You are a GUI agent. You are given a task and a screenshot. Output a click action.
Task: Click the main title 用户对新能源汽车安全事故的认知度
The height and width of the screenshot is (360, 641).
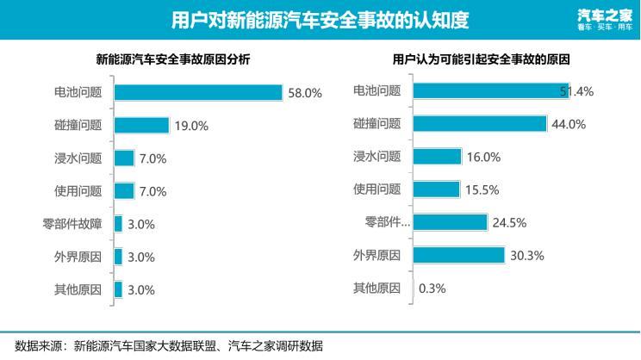[x=320, y=19]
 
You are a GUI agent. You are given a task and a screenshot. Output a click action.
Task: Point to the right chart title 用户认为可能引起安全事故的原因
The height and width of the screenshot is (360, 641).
[x=482, y=61]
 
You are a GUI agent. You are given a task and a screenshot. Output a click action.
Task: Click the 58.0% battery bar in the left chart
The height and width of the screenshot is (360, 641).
[x=198, y=92]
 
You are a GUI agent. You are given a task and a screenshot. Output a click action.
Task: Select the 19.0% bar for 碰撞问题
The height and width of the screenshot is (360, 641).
[x=141, y=125]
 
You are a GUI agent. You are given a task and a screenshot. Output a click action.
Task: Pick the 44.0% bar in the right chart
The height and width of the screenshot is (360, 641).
[x=480, y=124]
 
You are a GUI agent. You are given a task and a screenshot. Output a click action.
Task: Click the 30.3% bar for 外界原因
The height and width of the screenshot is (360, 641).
[x=458, y=255]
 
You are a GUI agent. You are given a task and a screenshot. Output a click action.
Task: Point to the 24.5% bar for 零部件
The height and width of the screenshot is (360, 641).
[x=450, y=222]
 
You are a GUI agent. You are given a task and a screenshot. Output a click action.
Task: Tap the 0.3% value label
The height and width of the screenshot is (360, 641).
[x=432, y=289]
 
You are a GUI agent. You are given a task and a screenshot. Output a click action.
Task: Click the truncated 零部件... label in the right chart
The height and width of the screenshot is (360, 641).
[x=388, y=223]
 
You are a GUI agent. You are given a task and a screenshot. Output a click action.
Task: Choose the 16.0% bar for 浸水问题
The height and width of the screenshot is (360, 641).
[x=437, y=157]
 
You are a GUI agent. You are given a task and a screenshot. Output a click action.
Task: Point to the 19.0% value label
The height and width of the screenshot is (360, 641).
[x=191, y=126]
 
